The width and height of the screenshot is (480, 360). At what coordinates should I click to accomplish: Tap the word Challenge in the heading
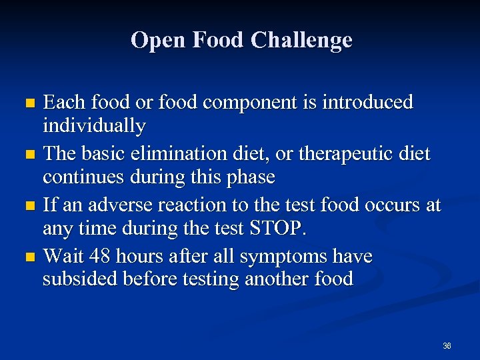(x=301, y=40)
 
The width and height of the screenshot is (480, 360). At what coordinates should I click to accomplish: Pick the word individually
(x=94, y=125)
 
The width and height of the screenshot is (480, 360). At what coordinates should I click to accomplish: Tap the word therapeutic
(x=360, y=154)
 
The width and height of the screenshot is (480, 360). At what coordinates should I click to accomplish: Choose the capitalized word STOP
(x=275, y=228)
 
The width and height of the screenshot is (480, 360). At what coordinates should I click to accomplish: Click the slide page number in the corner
(x=447, y=346)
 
